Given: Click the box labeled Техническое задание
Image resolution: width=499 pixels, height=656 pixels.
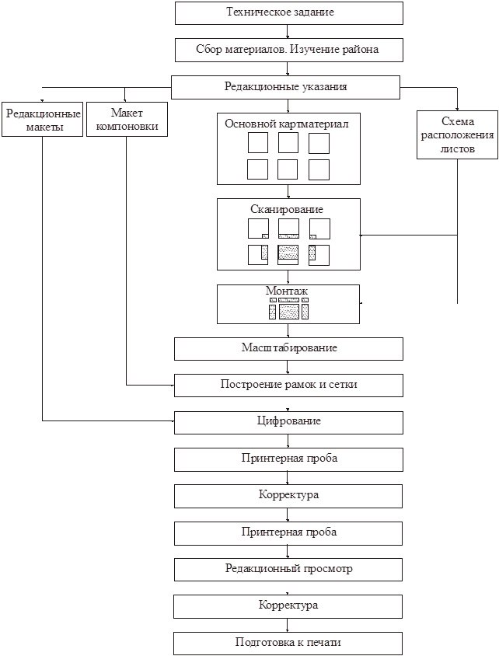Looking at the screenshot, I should click(288, 13).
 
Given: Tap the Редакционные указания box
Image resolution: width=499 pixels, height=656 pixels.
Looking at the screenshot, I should click(285, 87).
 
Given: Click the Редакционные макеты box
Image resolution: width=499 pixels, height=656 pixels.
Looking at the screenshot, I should click(42, 120).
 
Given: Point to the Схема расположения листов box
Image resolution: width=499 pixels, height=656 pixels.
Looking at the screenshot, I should click(457, 134).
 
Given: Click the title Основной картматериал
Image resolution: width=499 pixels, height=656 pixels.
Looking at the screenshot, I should click(288, 123).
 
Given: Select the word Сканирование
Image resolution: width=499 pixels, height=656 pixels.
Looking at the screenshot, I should click(288, 209).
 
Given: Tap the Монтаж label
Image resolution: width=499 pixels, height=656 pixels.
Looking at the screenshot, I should click(287, 290).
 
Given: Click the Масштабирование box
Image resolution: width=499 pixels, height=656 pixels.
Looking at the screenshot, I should click(288, 348).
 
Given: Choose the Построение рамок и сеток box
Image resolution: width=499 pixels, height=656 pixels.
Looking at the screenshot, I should click(288, 385).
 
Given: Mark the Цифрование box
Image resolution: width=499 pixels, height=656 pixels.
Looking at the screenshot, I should click(288, 421).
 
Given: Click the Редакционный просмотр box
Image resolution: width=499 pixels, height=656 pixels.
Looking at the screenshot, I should click(288, 569).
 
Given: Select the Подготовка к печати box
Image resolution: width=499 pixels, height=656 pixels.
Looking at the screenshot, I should click(288, 643).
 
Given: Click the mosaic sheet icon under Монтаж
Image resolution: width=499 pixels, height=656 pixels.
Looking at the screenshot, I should click(288, 309).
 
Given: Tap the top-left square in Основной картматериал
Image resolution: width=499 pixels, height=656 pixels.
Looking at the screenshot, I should click(258, 143).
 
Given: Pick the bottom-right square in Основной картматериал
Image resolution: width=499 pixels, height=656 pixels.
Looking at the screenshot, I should click(319, 169).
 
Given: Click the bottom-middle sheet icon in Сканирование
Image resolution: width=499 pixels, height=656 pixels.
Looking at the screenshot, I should click(288, 254).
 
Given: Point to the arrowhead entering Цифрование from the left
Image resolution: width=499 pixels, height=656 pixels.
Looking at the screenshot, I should click(173, 421).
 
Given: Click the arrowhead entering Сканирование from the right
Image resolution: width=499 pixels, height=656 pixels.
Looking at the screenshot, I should click(363, 235).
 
